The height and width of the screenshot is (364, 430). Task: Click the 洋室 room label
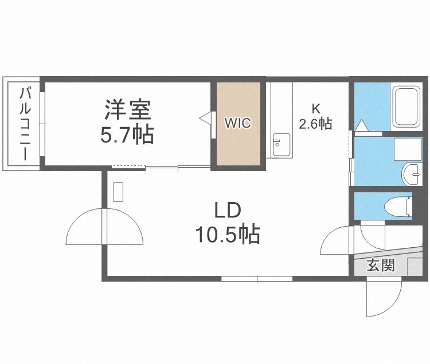coord(127,109)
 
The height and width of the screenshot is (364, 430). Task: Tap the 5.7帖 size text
coord(127,134)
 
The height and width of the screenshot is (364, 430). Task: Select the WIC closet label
coord(237,123)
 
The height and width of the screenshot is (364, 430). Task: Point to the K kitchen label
coord(315,108)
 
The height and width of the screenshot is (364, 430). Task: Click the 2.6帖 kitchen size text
coord(315,123)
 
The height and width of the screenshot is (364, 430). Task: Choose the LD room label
coord(227,211)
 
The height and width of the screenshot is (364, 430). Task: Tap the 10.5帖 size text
coord(227,234)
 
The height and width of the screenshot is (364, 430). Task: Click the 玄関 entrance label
coord(381,266)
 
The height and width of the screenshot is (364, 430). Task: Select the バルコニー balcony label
coord(26,123)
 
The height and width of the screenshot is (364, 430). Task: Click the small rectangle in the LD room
coord(118,192)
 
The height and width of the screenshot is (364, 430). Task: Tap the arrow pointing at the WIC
coord(205,118)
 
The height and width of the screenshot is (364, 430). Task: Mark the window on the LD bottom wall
coord(257,279)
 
